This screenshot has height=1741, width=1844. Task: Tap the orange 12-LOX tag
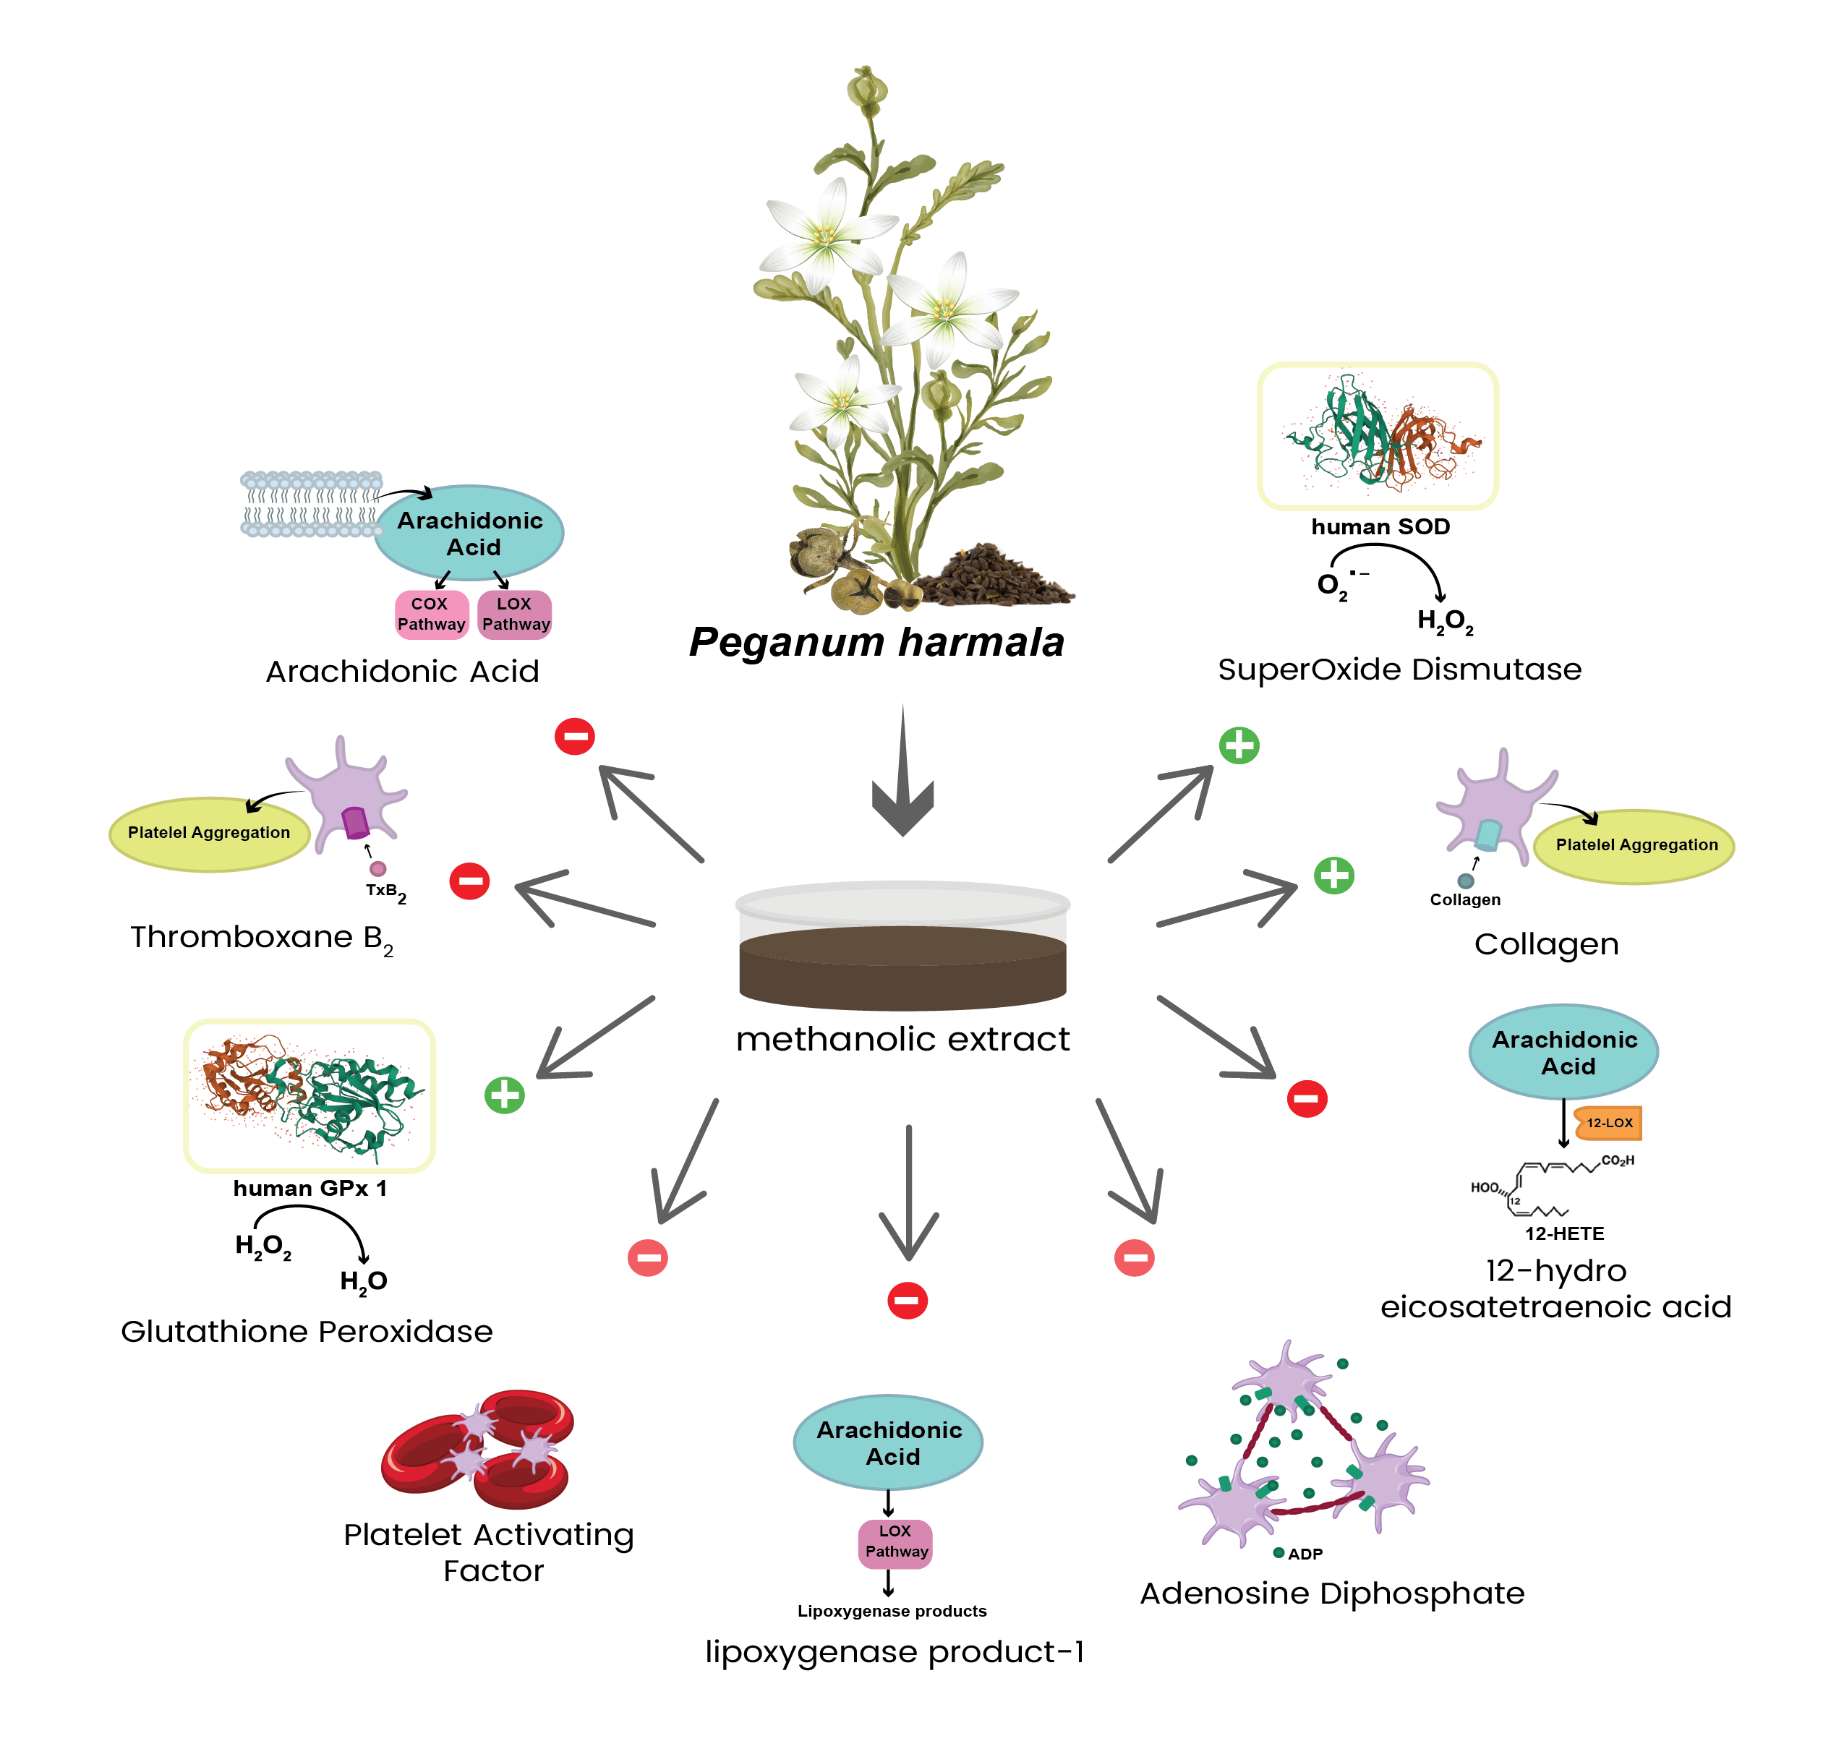click(1609, 1123)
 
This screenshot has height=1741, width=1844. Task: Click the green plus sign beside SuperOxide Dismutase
click(1239, 745)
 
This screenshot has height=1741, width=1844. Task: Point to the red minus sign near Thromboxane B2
click(469, 881)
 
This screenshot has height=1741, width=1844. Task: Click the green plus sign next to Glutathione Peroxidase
click(505, 1095)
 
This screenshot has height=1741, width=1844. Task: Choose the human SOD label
click(1380, 527)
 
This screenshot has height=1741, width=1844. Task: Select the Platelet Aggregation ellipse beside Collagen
click(1635, 845)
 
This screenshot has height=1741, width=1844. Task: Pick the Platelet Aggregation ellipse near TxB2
click(209, 834)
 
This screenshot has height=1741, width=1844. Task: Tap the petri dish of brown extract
click(902, 946)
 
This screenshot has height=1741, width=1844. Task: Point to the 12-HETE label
click(1565, 1233)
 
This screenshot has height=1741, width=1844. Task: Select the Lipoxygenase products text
click(892, 1611)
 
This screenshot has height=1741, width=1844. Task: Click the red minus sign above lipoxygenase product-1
click(907, 1300)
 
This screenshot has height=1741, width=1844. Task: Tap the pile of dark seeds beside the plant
click(998, 576)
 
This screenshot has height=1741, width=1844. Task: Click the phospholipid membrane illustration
click(311, 504)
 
